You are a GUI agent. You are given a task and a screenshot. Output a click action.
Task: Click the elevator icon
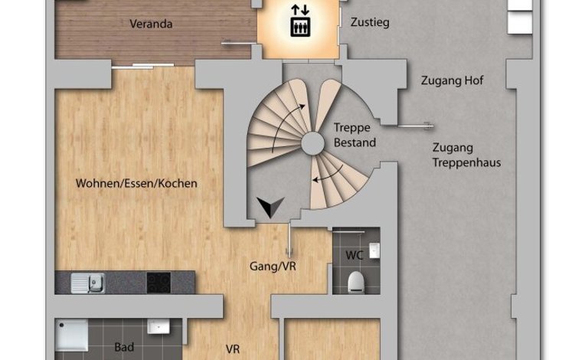click(x=300, y=27)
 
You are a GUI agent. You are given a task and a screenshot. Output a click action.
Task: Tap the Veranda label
click(x=151, y=24)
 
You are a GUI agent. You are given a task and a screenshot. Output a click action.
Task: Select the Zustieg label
click(x=370, y=22)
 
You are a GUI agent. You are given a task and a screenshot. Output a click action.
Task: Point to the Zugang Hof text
click(x=452, y=80)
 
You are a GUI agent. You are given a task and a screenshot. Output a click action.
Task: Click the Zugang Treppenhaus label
click(x=466, y=155)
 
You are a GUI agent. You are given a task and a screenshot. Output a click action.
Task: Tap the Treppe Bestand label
click(x=355, y=135)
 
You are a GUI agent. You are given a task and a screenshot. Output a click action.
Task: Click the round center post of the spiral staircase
click(x=312, y=143)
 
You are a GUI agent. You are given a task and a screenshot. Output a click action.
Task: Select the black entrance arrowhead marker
click(x=270, y=207)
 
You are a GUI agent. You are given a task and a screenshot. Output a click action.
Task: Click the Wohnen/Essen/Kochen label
click(x=136, y=183)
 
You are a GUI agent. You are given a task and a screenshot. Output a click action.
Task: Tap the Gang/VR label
click(x=273, y=266)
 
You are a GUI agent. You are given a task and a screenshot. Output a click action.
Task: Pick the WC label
click(x=355, y=255)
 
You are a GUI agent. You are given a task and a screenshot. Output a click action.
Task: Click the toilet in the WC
click(x=355, y=282)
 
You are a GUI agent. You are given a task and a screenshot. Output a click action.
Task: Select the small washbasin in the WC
click(x=374, y=250)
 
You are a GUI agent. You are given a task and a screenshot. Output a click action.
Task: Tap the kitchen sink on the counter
click(x=87, y=283)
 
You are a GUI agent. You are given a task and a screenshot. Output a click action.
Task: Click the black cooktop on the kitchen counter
click(x=159, y=283)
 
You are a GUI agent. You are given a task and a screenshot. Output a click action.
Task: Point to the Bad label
click(x=124, y=348)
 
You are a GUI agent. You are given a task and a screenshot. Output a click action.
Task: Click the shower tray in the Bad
click(x=72, y=336)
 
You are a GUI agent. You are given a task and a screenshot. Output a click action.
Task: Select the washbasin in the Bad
click(x=159, y=326)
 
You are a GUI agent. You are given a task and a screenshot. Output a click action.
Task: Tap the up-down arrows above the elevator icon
click(x=300, y=10)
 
